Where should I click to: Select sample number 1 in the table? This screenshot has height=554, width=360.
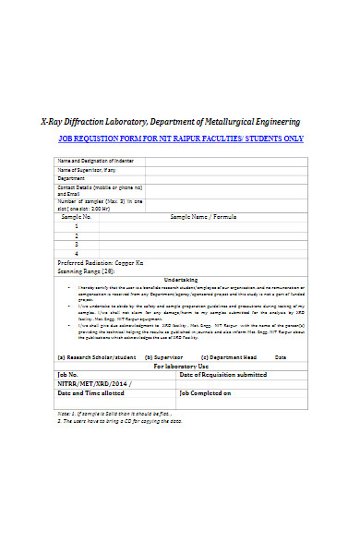(76, 226)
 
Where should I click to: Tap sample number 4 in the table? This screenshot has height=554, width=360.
(76, 253)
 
